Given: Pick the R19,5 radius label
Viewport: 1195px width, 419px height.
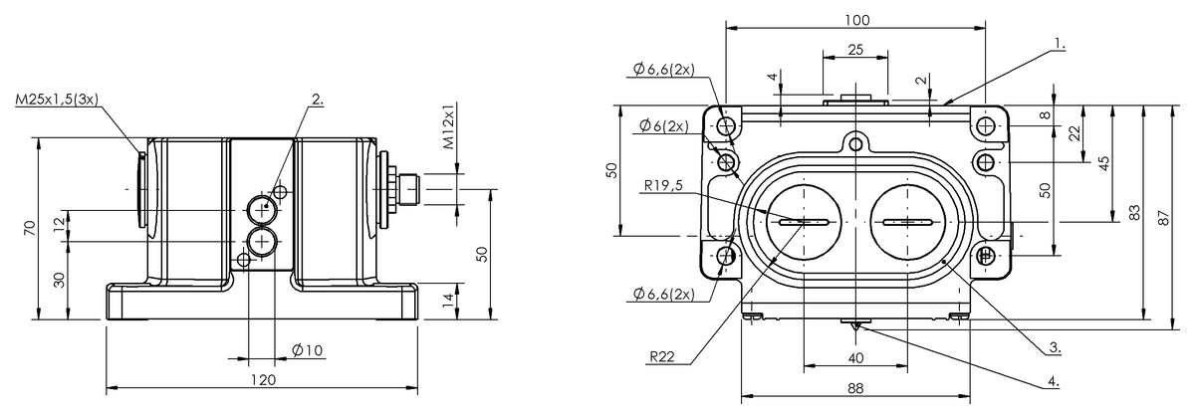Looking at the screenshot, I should (x=663, y=184).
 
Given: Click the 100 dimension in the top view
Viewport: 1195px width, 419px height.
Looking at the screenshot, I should (x=855, y=20).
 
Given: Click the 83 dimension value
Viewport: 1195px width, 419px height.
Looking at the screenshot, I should (x=1134, y=211).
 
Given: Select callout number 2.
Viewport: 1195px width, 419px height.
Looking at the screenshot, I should (x=318, y=99).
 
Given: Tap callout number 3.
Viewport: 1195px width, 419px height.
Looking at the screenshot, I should (x=1054, y=348).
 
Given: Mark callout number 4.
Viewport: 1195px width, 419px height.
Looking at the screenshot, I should (x=1054, y=380).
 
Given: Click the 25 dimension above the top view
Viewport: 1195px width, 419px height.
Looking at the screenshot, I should (x=854, y=49).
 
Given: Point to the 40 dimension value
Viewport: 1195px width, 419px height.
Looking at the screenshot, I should (x=854, y=358).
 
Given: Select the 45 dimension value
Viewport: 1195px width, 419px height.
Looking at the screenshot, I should (x=1104, y=163).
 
